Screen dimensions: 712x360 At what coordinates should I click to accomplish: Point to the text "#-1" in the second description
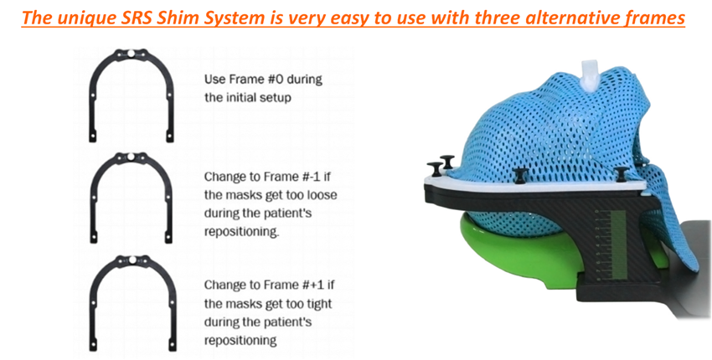point(299,176)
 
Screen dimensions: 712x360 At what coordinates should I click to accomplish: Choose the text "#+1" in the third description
point(301,285)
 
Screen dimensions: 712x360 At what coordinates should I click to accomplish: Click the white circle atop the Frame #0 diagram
point(131,54)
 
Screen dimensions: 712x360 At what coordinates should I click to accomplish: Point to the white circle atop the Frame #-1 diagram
point(131,157)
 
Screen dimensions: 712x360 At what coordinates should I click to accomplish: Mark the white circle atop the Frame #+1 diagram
point(132,260)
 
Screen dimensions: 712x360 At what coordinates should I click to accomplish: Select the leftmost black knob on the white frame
point(435,169)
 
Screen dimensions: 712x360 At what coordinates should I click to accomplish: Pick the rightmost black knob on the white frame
point(622,174)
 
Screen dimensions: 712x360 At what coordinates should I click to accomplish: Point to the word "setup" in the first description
point(276,97)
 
